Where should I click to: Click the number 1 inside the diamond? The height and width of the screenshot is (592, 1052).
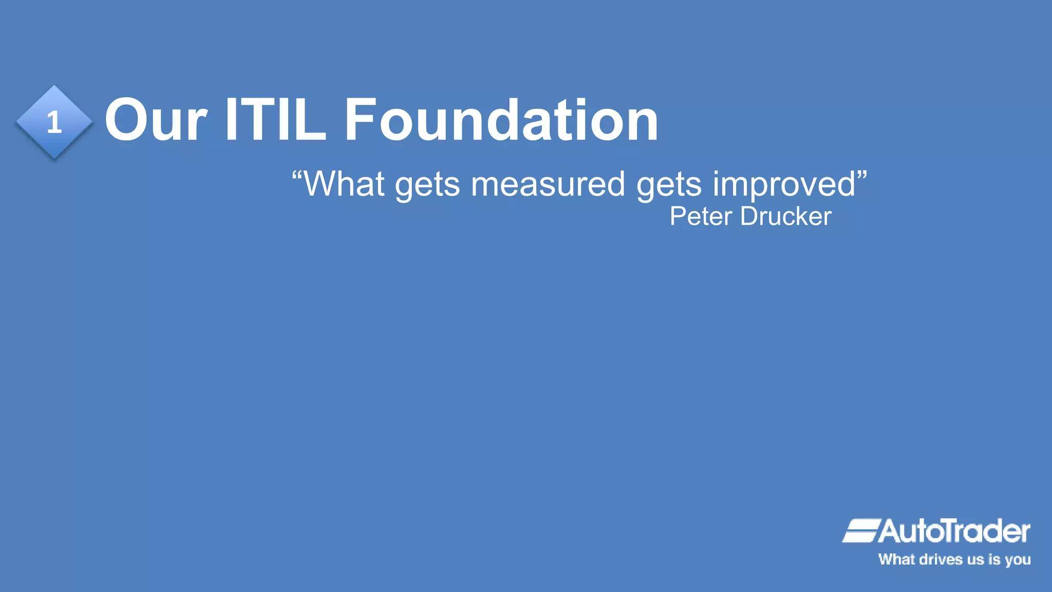tap(54, 123)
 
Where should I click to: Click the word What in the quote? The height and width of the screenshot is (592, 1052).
tap(344, 183)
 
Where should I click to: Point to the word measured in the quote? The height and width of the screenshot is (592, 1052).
tap(548, 183)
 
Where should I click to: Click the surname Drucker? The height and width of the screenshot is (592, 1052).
tap(786, 216)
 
